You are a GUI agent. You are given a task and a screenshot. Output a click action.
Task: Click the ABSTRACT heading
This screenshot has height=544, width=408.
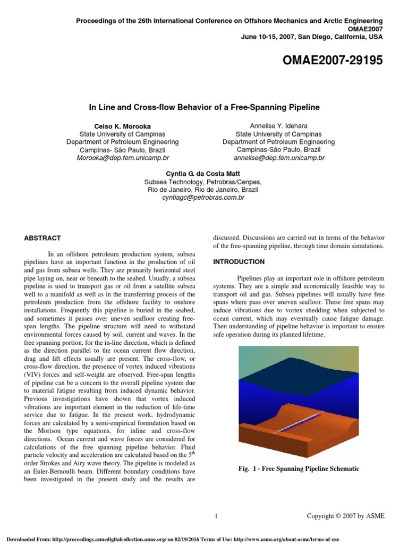coord(42,239)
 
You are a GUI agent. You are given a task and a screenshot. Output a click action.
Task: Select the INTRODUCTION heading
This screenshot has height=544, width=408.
coord(239,262)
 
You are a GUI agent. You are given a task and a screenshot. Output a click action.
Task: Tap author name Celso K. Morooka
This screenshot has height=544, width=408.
coord(122,126)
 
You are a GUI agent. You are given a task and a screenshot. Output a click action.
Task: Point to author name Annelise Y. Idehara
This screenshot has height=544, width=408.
coord(278,126)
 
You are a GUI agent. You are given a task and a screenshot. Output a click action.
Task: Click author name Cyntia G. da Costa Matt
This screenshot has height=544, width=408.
coord(203,174)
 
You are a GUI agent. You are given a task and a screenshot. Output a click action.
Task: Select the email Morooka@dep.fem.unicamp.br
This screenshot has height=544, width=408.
coord(122,158)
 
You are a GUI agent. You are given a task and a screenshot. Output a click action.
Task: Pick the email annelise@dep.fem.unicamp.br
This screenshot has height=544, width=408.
coord(278,158)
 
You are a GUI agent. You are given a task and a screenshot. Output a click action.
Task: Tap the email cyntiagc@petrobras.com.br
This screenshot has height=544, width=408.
coord(203,198)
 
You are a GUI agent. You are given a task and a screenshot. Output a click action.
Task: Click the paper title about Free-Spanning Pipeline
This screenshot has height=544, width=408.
coord(204,107)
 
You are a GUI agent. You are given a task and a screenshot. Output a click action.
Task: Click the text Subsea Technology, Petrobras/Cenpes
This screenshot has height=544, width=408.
coord(203,182)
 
